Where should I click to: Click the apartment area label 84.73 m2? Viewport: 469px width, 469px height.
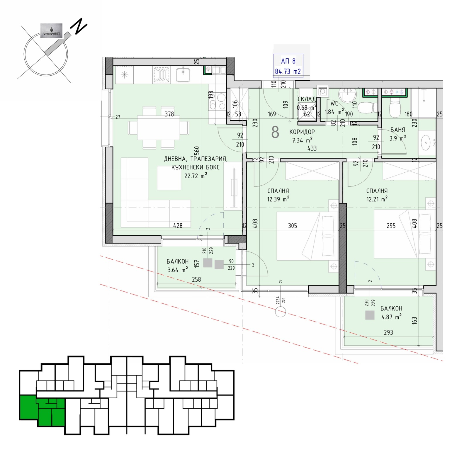(x=288, y=71)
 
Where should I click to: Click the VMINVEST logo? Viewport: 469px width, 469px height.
(x=51, y=31)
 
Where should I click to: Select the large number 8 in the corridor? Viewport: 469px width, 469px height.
(x=275, y=132)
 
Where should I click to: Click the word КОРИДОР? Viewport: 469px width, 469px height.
(x=302, y=132)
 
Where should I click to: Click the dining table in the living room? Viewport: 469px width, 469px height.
(x=159, y=128)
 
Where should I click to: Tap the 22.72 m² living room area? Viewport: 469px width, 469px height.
(x=196, y=176)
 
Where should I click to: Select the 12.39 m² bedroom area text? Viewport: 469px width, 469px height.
(x=278, y=199)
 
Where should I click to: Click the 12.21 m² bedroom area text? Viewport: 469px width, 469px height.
(x=377, y=199)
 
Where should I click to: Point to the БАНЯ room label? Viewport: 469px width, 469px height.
(x=398, y=130)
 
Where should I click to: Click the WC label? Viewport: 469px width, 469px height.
(x=334, y=103)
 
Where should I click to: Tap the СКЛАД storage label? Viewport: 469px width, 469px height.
(x=307, y=99)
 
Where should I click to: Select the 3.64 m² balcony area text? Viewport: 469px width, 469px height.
(x=178, y=270)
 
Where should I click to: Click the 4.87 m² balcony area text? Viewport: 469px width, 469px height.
(x=391, y=317)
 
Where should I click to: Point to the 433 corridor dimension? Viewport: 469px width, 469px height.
(x=312, y=148)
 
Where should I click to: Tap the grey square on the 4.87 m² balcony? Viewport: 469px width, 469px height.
(x=370, y=315)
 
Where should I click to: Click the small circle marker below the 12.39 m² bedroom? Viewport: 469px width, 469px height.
(x=281, y=312)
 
